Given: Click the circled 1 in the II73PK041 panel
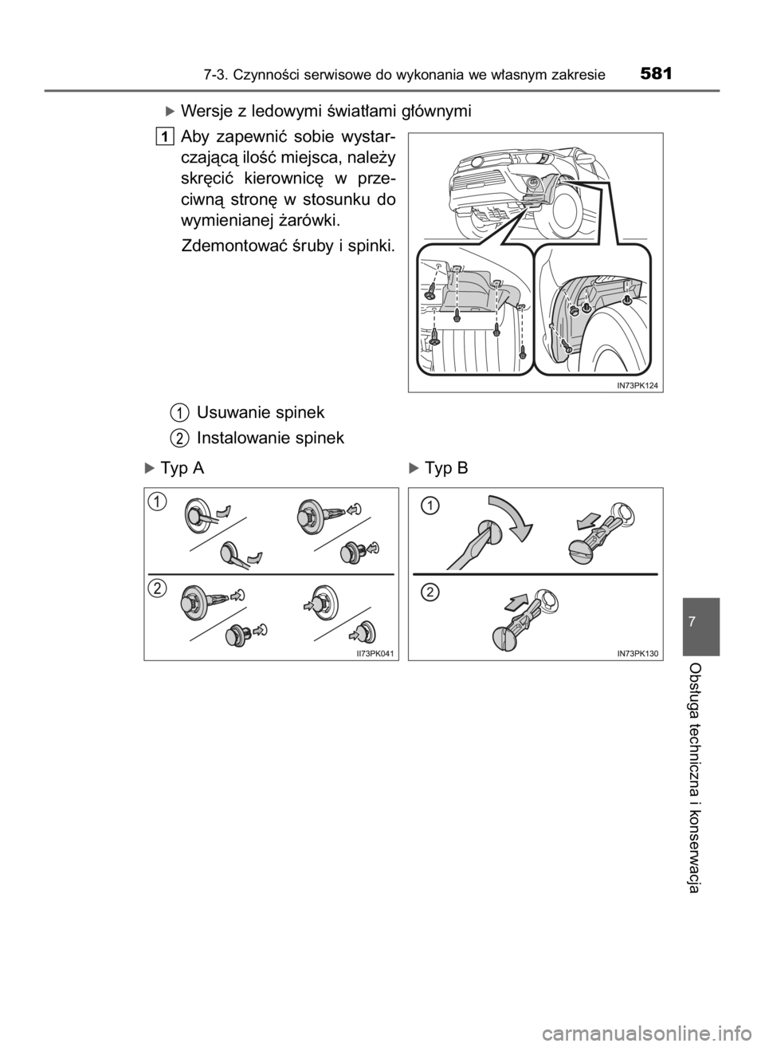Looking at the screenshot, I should pos(160,502).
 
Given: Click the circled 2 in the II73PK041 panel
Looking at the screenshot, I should pos(160,588).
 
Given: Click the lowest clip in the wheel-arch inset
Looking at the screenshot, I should pos(565,344).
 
